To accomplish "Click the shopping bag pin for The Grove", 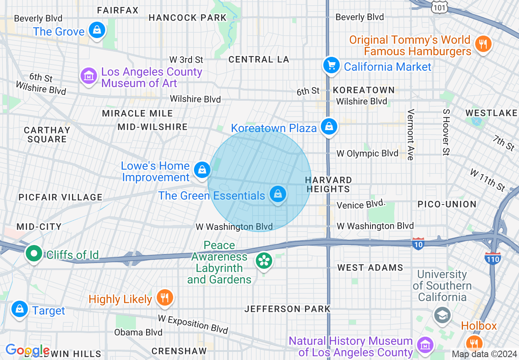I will point(97,31).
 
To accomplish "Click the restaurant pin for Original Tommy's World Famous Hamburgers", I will point(483,43).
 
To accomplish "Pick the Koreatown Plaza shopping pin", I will point(329,127).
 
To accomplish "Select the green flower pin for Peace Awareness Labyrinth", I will point(264,261).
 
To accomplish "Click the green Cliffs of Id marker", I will point(34,254).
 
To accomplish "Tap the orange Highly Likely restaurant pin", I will point(165,298).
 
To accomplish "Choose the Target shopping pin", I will point(19,310).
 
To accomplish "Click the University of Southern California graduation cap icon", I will point(442,315).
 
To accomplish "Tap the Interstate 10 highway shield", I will point(418,243).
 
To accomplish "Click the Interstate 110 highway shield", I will point(492,258).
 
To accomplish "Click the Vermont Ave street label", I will point(411,135).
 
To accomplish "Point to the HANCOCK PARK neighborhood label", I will point(187,18).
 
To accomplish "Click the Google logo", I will point(27,350).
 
